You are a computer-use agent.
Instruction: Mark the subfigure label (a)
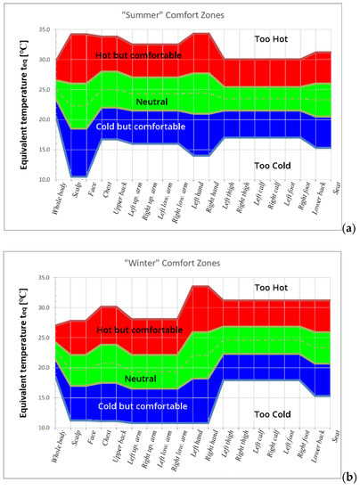pyautogui.click(x=348, y=229)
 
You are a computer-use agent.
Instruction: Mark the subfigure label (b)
pyautogui.click(x=348, y=478)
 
